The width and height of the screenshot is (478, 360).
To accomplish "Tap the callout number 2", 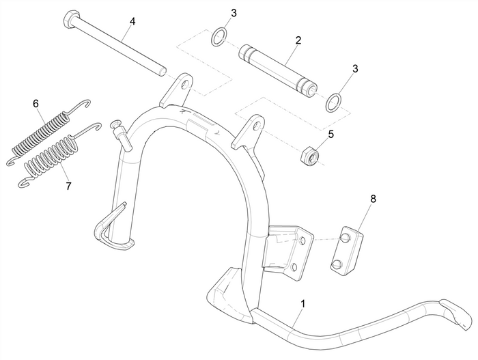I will point(298,41).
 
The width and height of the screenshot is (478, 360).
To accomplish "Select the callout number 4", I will point(132,22).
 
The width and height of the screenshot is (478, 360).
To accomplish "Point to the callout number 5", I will point(331,135).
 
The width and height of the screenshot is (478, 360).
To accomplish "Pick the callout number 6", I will point(36,104).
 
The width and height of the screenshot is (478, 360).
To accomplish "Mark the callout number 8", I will point(373,199).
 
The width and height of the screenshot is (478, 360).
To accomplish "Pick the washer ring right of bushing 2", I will point(332,102).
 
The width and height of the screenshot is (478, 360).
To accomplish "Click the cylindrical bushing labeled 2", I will point(277,69).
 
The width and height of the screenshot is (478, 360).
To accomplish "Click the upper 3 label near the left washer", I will point(234,13).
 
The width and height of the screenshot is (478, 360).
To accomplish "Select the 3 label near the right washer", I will point(354,69).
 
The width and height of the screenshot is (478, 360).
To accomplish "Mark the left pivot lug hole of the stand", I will point(183,85).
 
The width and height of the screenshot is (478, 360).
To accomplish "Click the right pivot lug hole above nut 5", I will point(256,125).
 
